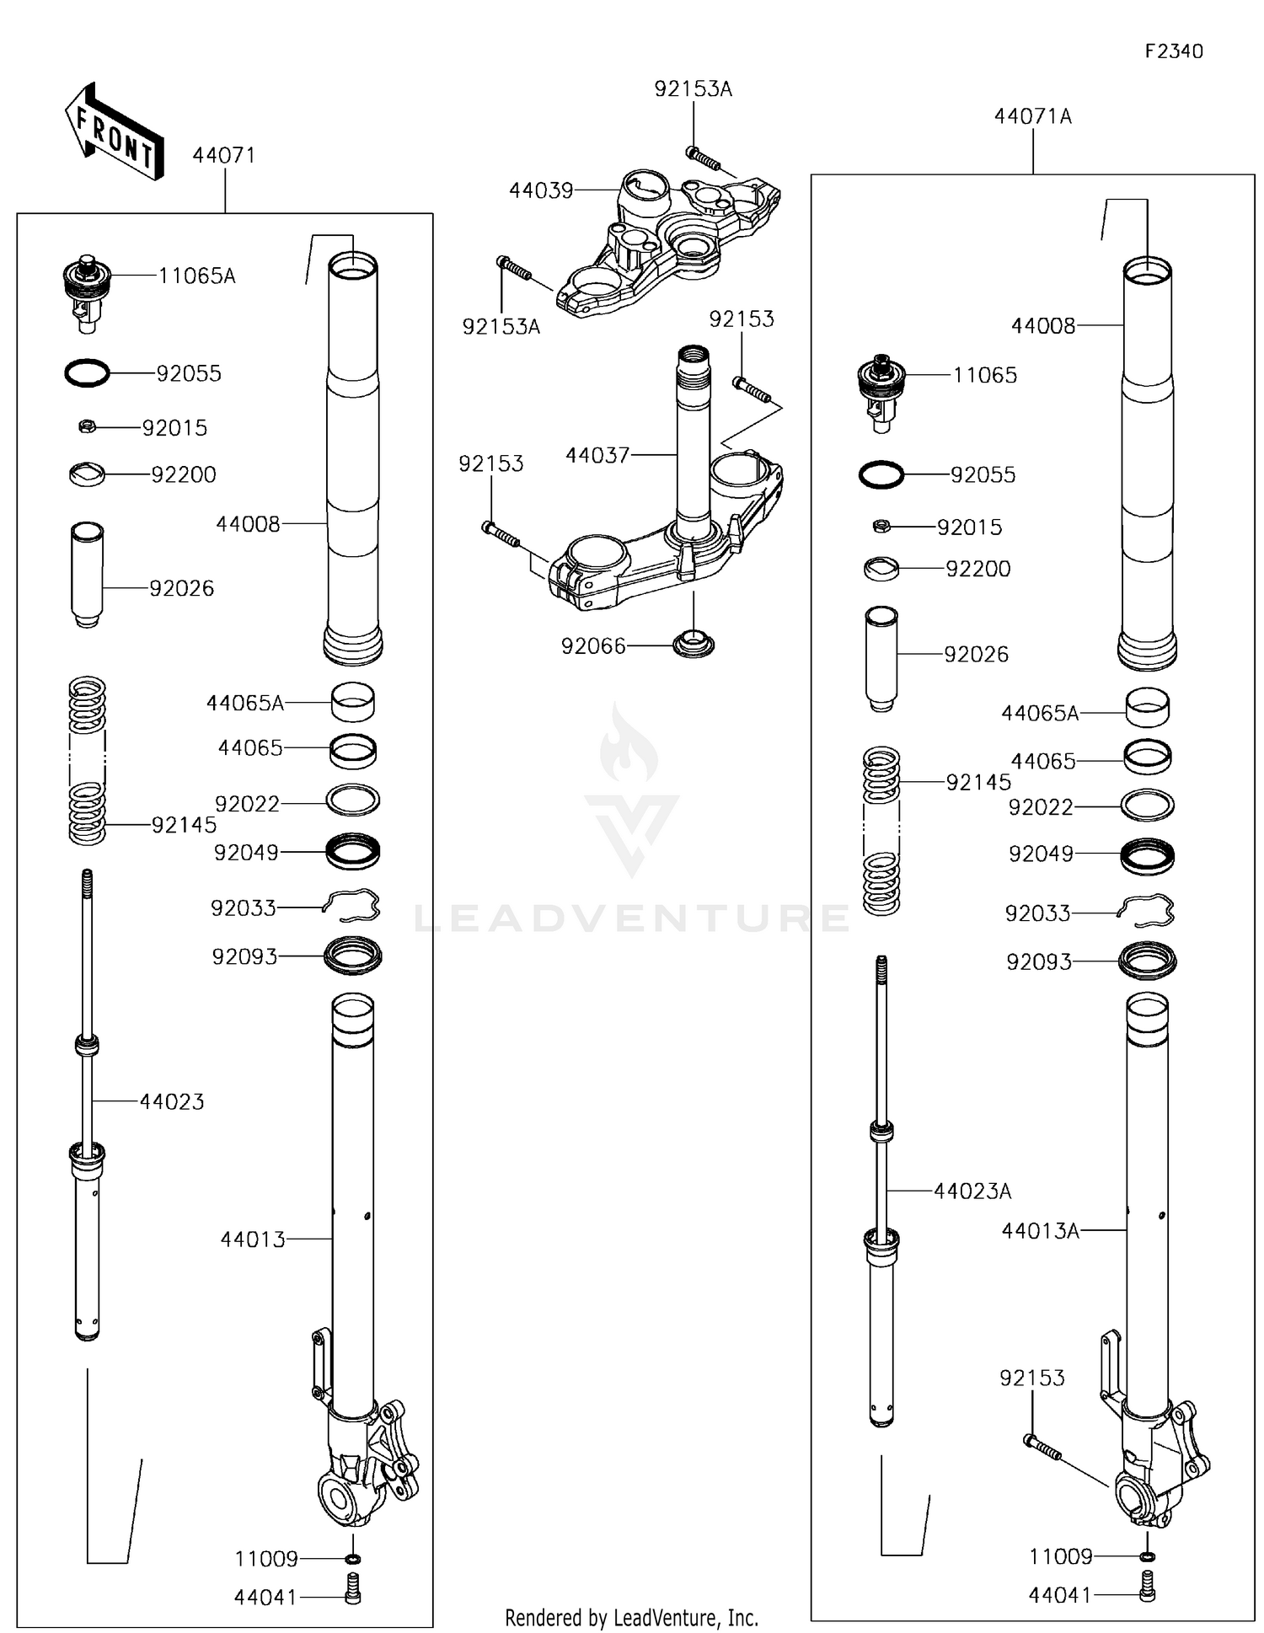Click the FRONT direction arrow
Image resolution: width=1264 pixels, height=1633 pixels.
114,132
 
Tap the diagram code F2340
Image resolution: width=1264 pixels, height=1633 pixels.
1173,51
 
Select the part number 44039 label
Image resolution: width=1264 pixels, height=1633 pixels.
540,190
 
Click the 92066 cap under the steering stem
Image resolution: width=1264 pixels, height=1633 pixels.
694,644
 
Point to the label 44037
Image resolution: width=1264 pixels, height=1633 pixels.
597,456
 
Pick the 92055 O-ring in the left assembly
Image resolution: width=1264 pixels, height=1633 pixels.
87,372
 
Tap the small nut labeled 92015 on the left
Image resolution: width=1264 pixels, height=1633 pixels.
86,427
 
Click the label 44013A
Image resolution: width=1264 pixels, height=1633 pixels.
1040,1231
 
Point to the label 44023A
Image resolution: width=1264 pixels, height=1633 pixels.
972,1191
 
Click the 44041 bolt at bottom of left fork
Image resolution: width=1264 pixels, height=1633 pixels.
353,1588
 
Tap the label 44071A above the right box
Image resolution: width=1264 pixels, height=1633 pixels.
1032,116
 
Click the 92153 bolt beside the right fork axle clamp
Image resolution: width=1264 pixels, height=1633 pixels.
1042,1446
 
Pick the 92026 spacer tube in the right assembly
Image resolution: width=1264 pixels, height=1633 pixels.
881,658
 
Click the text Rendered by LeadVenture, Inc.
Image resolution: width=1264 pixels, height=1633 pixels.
631,1617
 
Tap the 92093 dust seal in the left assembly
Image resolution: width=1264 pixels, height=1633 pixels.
353,956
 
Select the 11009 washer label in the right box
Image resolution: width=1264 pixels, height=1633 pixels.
1060,1556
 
